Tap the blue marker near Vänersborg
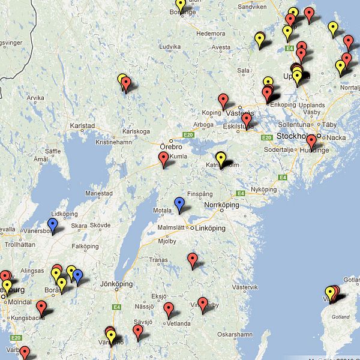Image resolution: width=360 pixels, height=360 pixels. click(x=53, y=224)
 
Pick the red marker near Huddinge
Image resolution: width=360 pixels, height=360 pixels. click(x=311, y=142)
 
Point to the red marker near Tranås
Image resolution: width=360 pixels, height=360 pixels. click(x=193, y=259)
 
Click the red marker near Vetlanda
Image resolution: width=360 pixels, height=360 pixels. click(x=169, y=309)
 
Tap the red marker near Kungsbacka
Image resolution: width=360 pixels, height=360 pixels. click(x=41, y=307)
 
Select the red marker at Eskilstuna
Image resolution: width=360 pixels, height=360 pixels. click(x=246, y=120)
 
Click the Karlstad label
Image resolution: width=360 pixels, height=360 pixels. click(x=82, y=126)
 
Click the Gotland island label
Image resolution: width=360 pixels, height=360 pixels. click(x=337, y=316)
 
